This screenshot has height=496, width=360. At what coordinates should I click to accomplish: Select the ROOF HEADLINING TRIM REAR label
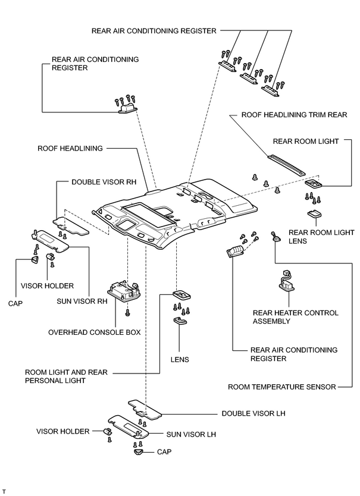point(294,115)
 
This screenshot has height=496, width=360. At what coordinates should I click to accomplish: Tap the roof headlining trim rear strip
point(287,165)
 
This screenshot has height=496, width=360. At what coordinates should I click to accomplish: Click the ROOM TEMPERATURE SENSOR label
point(282,387)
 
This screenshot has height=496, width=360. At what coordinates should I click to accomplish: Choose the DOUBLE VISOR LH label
point(253,413)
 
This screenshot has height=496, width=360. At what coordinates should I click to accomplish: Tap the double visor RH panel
point(71,226)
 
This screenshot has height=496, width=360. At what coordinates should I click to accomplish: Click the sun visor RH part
point(51,240)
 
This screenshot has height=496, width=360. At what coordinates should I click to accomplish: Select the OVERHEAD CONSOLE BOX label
point(95,332)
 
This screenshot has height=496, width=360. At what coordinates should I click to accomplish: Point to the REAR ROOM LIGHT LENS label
point(321,237)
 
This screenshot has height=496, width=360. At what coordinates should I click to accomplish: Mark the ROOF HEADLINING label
point(70,148)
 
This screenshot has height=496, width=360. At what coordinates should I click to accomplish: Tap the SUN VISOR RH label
point(82,301)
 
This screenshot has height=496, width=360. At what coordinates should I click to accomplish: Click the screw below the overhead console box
point(127,313)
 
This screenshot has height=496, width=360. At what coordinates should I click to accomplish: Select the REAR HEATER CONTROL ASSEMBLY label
point(295,317)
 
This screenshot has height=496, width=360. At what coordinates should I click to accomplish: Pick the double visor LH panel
point(145,410)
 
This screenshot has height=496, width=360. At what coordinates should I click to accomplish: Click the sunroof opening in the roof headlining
point(149,214)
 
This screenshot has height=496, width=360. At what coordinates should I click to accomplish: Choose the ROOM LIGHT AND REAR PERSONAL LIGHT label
point(66,376)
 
